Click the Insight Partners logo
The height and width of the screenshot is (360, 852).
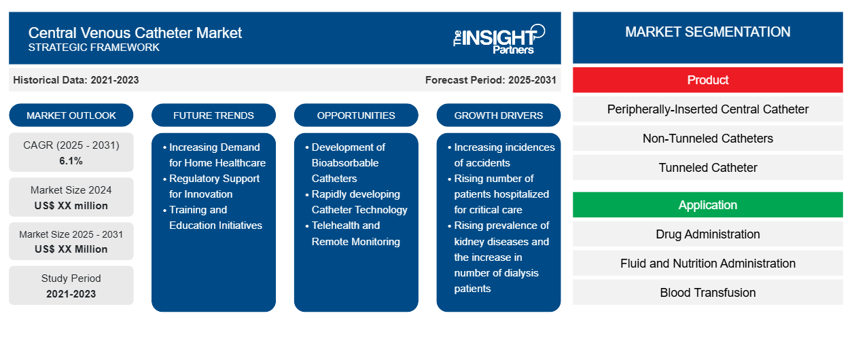point(499,39)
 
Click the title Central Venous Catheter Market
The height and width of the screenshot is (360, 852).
point(135,33)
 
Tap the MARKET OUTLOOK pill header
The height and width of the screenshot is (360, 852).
point(71,115)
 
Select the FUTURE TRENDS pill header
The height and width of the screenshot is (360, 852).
point(213,115)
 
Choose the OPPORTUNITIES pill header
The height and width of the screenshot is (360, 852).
point(356,115)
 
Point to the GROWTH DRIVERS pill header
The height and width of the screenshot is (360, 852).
point(498,115)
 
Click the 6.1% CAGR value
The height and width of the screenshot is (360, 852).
point(71,161)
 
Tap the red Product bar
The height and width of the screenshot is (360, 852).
point(708,80)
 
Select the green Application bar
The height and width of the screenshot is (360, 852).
point(708,205)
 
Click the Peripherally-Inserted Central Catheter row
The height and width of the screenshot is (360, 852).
point(708,109)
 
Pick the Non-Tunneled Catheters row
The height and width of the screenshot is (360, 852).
point(708,139)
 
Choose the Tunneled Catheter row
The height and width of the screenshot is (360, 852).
point(708,168)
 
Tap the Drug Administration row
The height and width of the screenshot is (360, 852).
point(708,234)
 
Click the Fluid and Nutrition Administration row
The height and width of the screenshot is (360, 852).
point(708,264)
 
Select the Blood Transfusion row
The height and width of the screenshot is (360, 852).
point(708,293)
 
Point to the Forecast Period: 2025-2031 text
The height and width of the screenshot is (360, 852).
point(491,80)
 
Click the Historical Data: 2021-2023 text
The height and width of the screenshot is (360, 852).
point(76,80)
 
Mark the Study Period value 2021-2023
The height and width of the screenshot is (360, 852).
point(71,294)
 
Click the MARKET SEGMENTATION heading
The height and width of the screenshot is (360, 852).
point(708,32)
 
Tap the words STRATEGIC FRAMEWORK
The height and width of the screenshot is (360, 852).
point(94,48)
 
